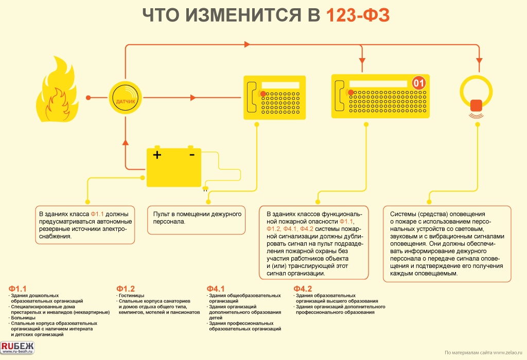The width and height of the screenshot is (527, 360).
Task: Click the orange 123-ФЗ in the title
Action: [357, 16]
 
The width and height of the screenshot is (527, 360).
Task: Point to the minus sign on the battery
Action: [191, 154]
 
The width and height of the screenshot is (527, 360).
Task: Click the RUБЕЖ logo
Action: [17, 348]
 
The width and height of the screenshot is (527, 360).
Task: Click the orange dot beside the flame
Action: [88, 97]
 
